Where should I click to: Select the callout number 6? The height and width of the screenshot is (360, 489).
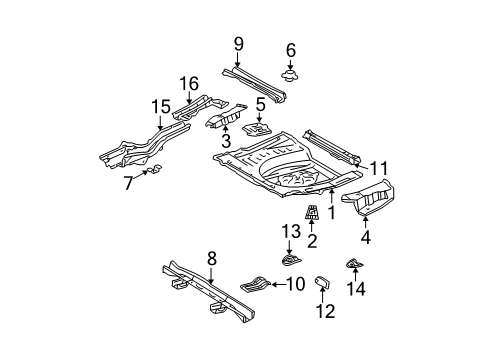coord(290,50)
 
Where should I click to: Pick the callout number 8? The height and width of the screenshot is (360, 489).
coord(211,258)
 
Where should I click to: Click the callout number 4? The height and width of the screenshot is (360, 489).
coord(365,238)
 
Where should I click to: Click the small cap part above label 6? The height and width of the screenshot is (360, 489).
coord(290,74)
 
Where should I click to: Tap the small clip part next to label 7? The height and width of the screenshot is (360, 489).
coord(150,172)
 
